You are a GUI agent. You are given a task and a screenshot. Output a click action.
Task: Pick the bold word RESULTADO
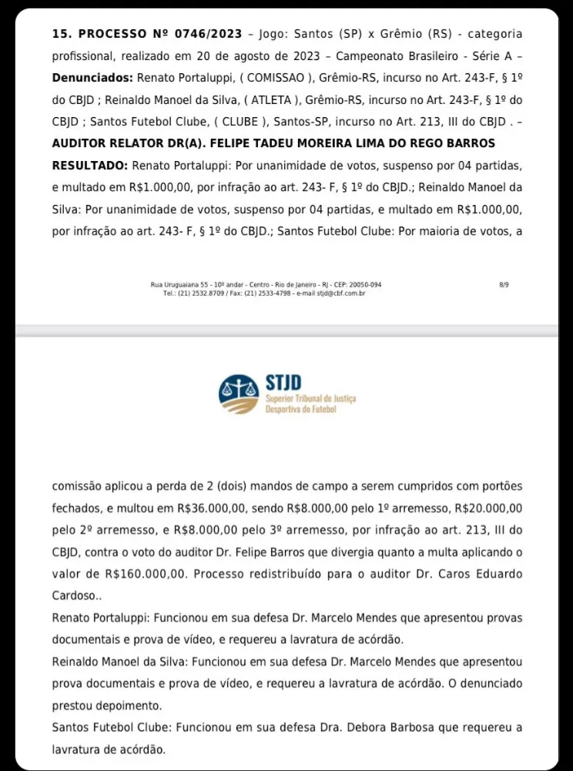tap(89, 166)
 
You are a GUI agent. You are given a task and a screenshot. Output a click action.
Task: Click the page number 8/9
tap(504, 284)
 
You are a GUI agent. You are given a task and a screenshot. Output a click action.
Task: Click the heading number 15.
tap(61, 35)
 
